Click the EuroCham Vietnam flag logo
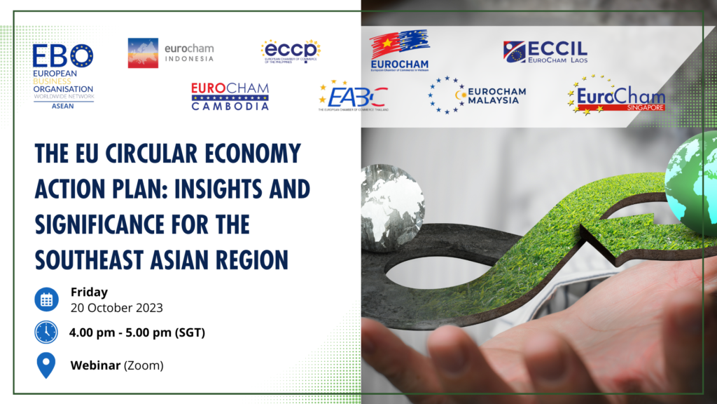click(400, 50)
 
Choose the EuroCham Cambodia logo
click(230, 97)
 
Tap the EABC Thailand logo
click(353, 97)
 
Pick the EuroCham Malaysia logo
click(478, 95)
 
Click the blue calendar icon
click(46, 299)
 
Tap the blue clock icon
click(46, 332)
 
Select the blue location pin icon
click(46, 365)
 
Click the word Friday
click(89, 292)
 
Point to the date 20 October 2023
click(116, 307)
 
